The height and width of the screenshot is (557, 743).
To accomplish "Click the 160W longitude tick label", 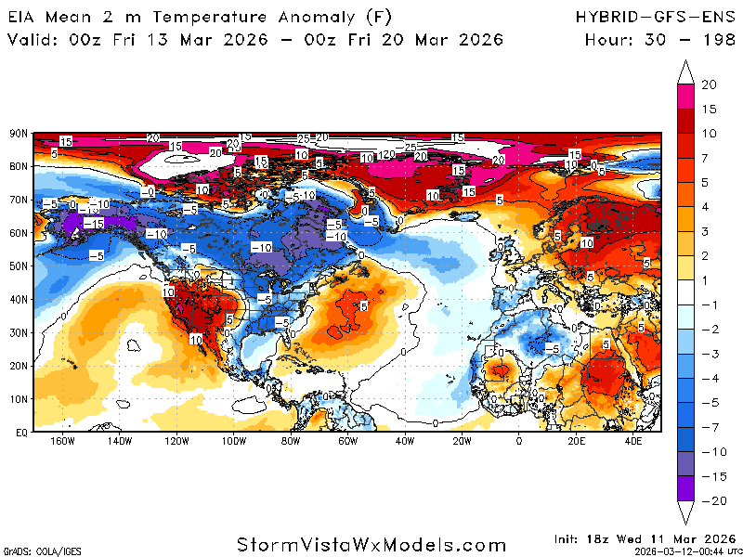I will [x=62, y=441].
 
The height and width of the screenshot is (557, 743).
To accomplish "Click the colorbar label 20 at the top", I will [x=709, y=84].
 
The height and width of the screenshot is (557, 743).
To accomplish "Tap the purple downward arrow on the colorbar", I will [x=685, y=512].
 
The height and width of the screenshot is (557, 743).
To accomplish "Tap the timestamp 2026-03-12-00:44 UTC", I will [x=685, y=551].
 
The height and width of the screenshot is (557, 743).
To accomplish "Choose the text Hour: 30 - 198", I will [x=660, y=39].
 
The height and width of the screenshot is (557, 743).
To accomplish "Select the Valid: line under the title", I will [x=255, y=39].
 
